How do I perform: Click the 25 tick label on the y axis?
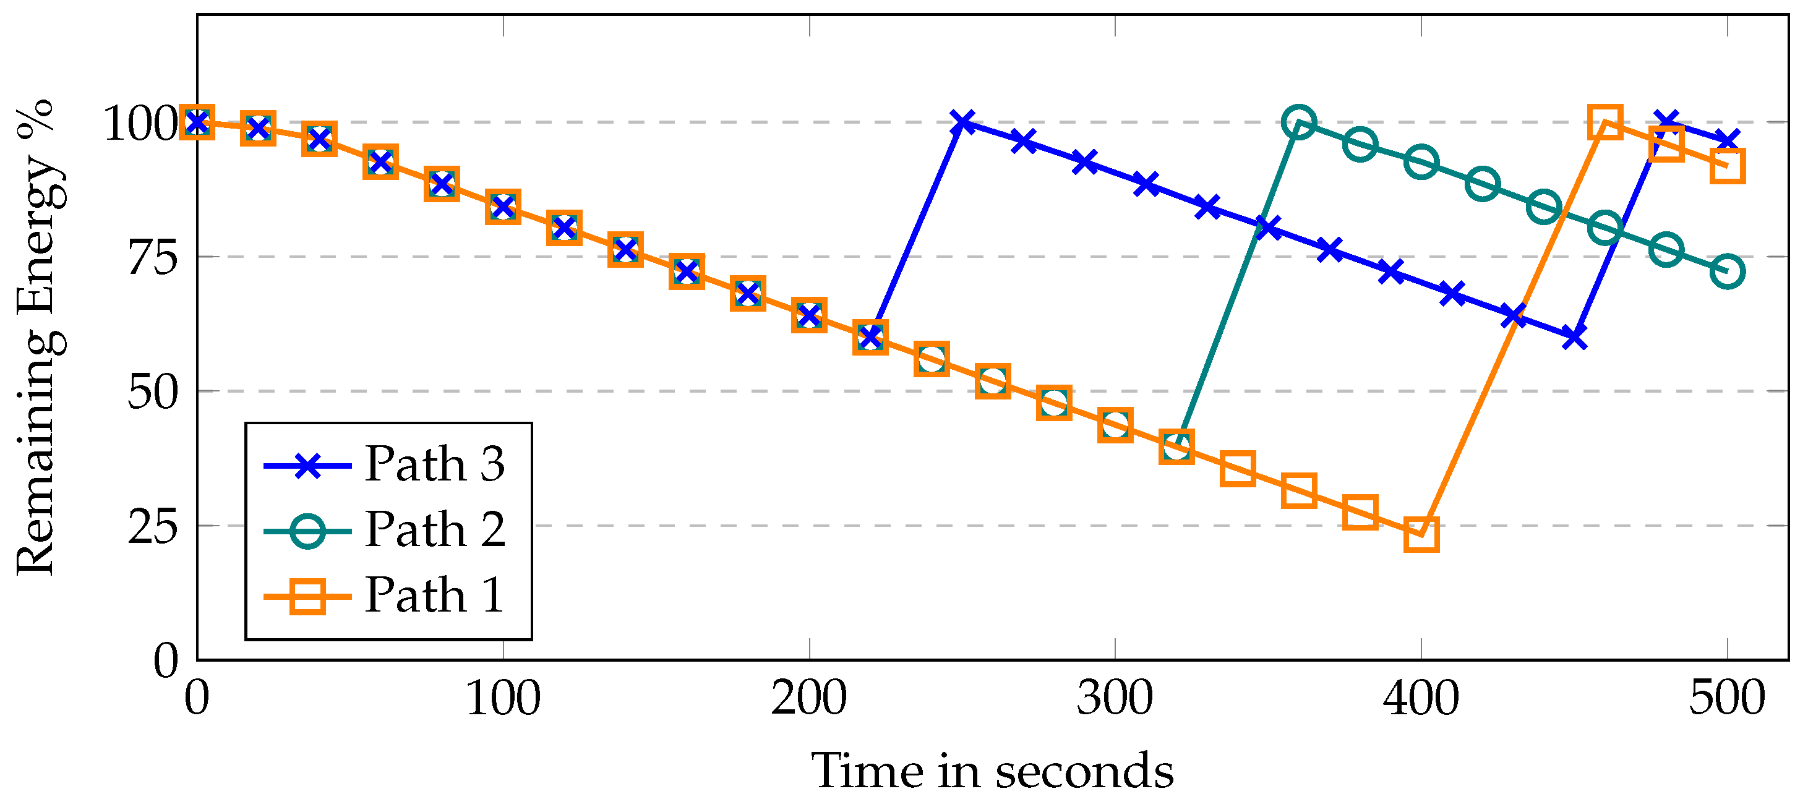pyautogui.click(x=152, y=527)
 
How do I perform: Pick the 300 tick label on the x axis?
pyautogui.click(x=1115, y=699)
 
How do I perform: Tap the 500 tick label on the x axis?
pyautogui.click(x=1726, y=699)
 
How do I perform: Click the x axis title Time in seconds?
pyautogui.click(x=992, y=771)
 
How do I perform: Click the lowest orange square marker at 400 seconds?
pyautogui.click(x=1421, y=535)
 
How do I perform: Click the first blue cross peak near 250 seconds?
pyautogui.click(x=964, y=122)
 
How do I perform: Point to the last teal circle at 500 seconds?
pyautogui.click(x=1728, y=271)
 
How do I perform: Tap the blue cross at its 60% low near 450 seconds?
pyautogui.click(x=1574, y=338)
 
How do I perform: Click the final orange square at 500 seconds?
pyautogui.click(x=1728, y=166)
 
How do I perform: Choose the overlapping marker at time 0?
pyautogui.click(x=197, y=122)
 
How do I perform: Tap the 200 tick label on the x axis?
pyautogui.click(x=808, y=699)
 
